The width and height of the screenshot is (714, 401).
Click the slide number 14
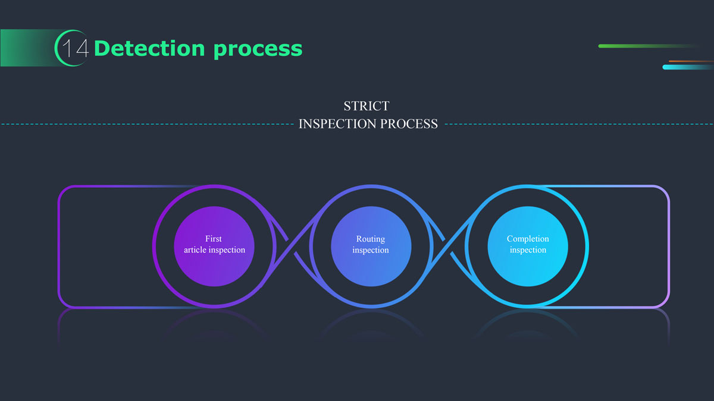[76, 49]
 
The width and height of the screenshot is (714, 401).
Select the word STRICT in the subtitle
[367, 106]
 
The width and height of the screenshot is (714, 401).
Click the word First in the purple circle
[214, 239]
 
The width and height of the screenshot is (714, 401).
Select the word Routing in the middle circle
[371, 239]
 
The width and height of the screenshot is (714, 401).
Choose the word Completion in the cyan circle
[528, 239]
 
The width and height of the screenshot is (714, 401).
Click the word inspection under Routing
[371, 250]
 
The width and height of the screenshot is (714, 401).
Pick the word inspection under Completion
[528, 250]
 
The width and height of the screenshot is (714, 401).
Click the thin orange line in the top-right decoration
[690, 61]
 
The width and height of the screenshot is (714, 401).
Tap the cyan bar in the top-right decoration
[687, 67]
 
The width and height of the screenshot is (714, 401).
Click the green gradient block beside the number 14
[30, 48]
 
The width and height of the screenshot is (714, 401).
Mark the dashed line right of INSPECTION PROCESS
[577, 124]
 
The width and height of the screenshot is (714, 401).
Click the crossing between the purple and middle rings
[292, 246]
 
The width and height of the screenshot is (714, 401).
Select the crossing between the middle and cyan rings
[449, 246]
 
